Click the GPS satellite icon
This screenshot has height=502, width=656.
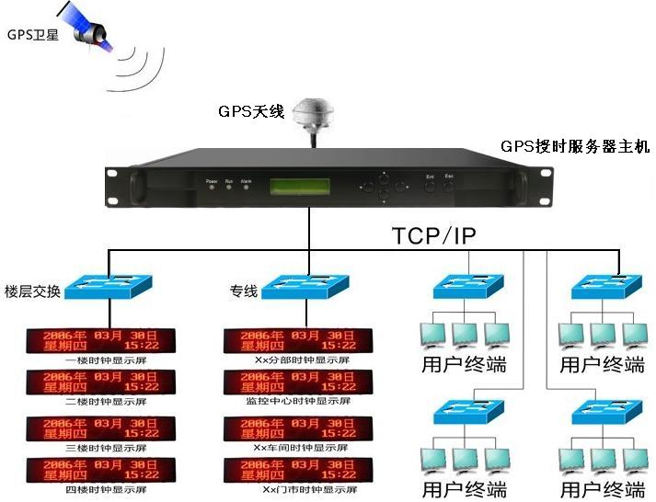tap(86, 25)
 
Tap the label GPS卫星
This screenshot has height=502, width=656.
tap(33, 35)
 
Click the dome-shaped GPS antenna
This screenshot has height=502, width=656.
tap(316, 119)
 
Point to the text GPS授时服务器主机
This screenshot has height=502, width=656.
tap(575, 146)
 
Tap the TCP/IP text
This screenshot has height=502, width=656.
tap(434, 235)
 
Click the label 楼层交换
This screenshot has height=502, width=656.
tap(34, 292)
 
